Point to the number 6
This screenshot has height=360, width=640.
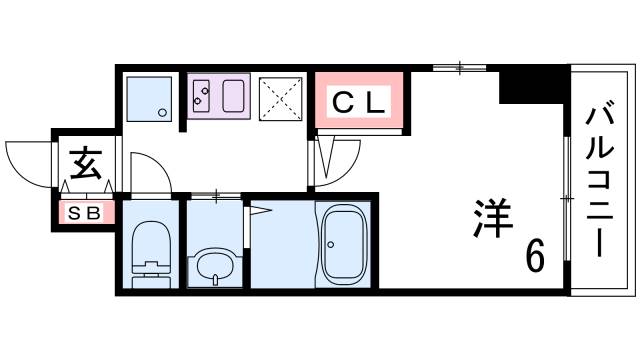point(535,257)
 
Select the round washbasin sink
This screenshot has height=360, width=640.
point(213,265)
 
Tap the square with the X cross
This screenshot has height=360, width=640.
point(281,97)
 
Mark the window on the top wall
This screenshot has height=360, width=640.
point(460,68)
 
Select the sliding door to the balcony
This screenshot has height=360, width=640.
point(567,200)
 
